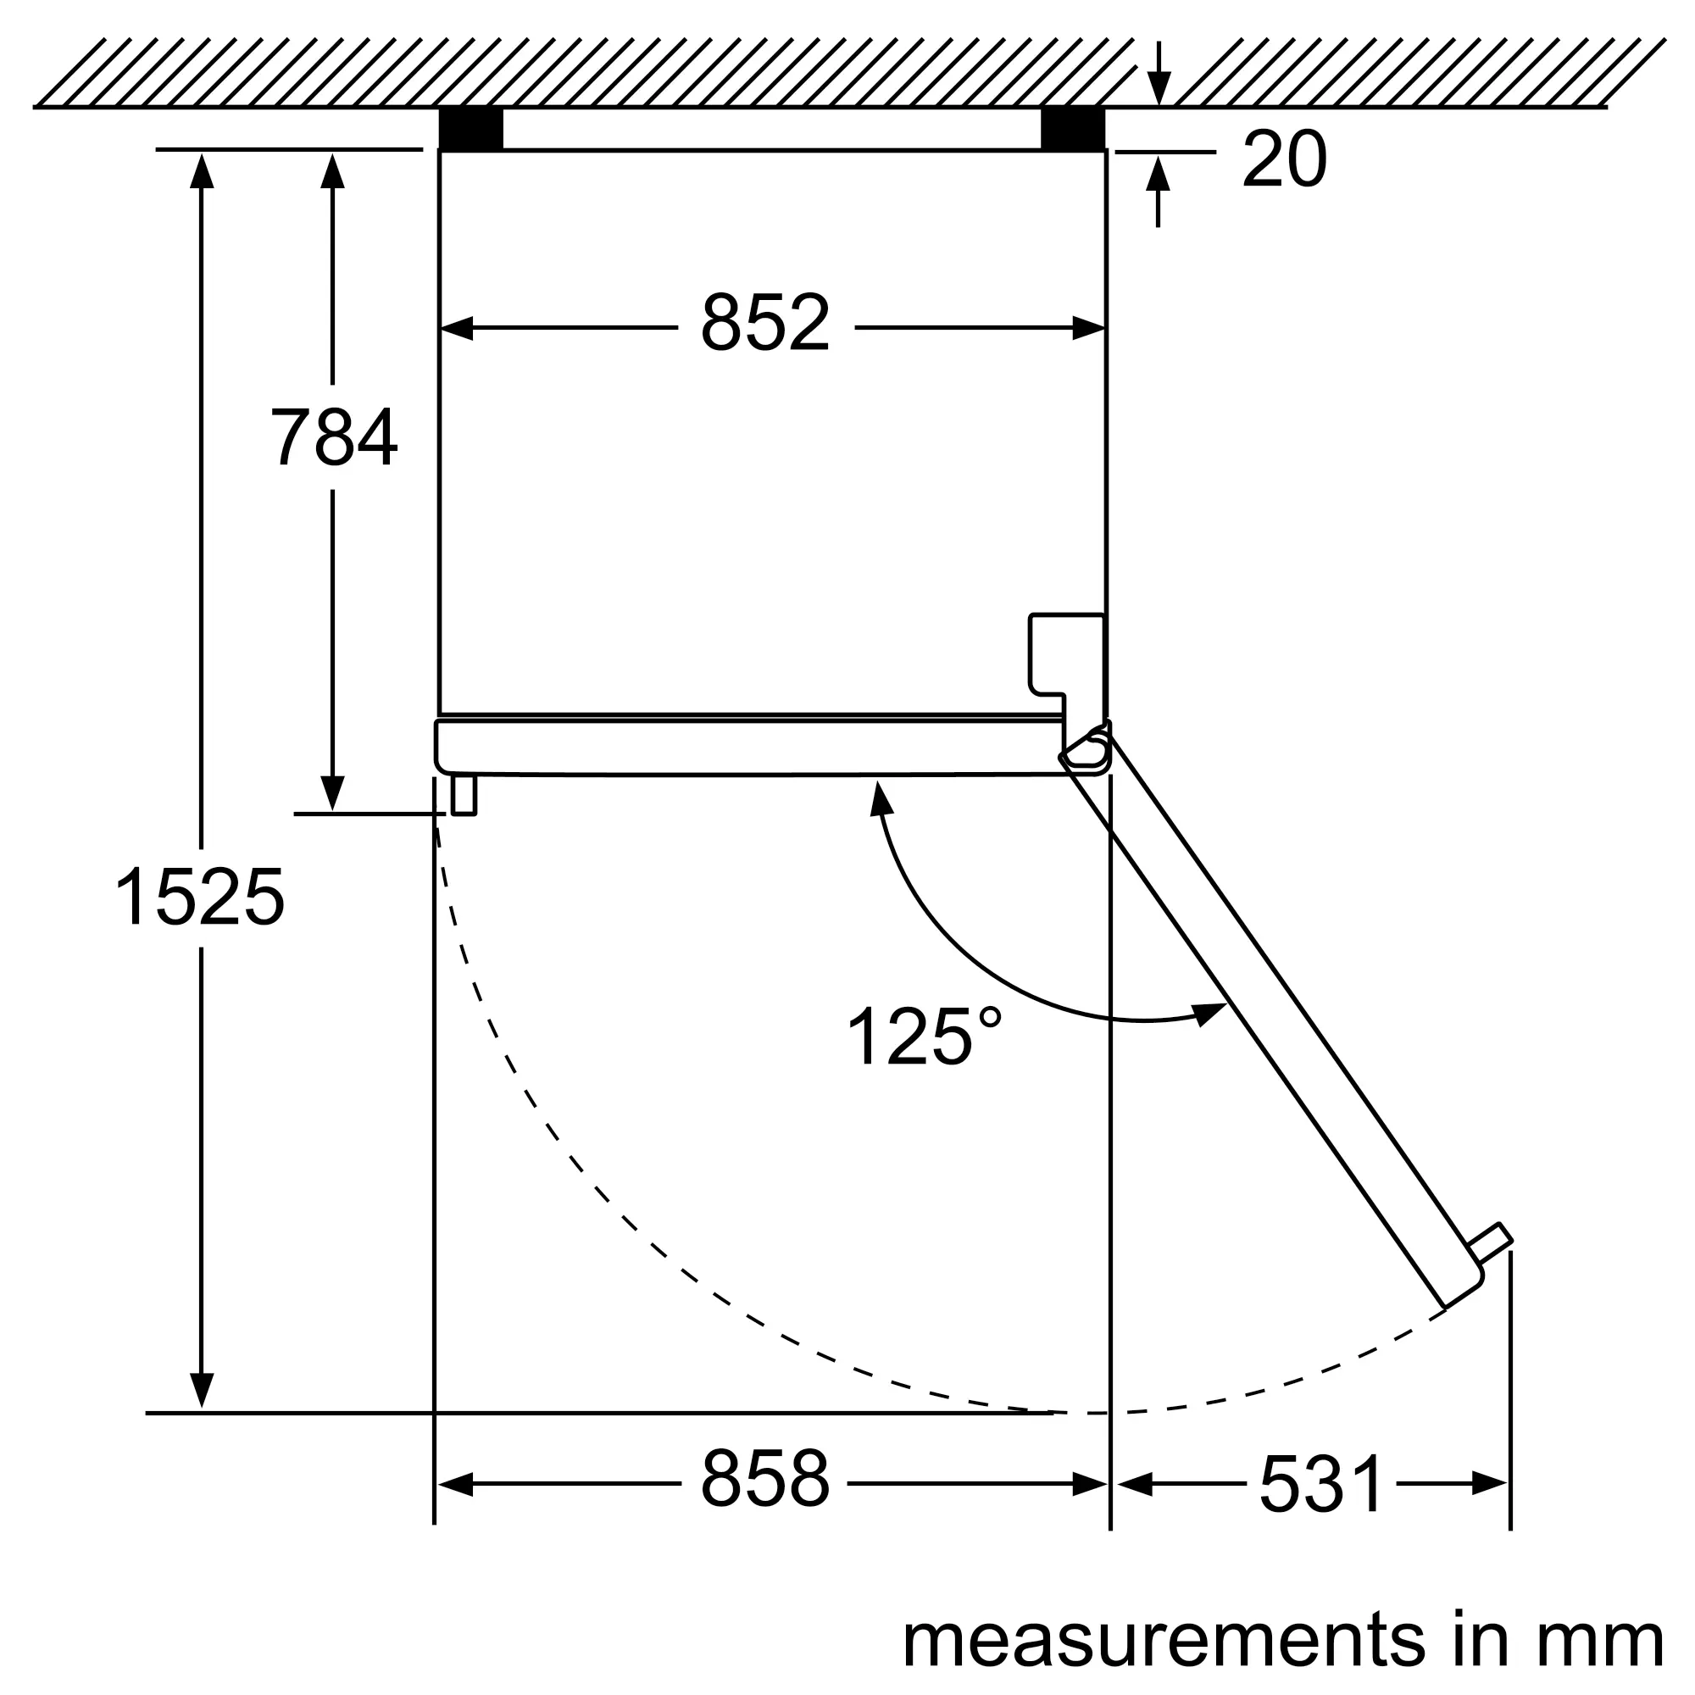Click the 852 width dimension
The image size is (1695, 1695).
[x=765, y=324]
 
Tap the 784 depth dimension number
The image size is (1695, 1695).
[x=333, y=437]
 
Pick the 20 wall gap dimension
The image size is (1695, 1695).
[x=1285, y=159]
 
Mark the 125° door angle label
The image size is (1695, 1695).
[x=923, y=1036]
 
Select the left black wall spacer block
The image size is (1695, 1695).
[x=471, y=129]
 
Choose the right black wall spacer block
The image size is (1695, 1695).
[x=1073, y=129]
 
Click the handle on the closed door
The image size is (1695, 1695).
[x=464, y=795]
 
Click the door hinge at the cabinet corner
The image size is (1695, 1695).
[x=1086, y=748]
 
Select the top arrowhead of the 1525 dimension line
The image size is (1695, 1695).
[x=202, y=171]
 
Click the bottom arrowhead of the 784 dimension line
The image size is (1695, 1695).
[x=332, y=794]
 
